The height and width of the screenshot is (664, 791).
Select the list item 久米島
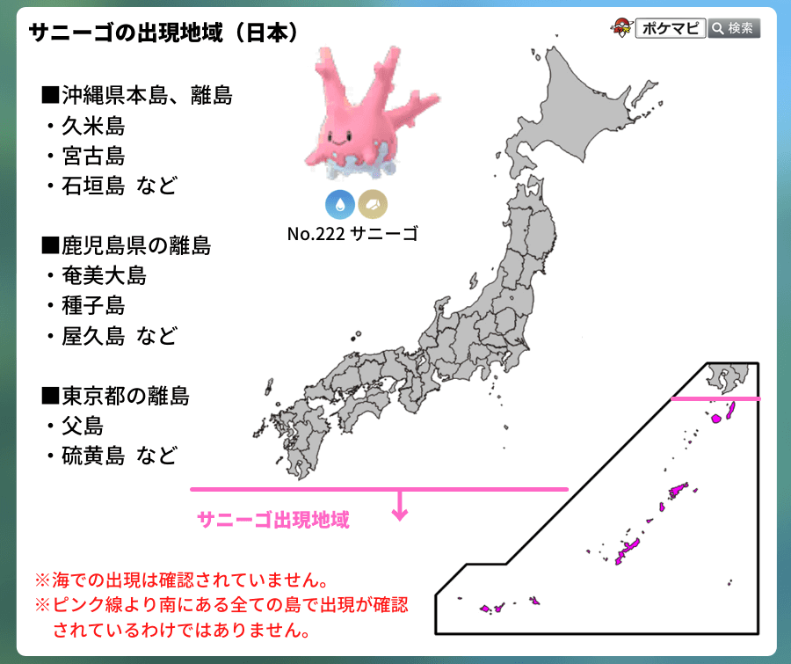pos(93,126)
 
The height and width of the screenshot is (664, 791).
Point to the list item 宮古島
pos(93,157)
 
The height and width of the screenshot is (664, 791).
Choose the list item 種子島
pos(93,306)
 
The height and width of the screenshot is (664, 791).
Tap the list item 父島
pos(83,427)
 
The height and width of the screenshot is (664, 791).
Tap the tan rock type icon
pos(373,204)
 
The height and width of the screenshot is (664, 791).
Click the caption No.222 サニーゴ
pos(352,234)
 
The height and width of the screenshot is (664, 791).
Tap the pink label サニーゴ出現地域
pos(273,520)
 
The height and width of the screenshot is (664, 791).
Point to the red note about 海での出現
pos(181,580)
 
